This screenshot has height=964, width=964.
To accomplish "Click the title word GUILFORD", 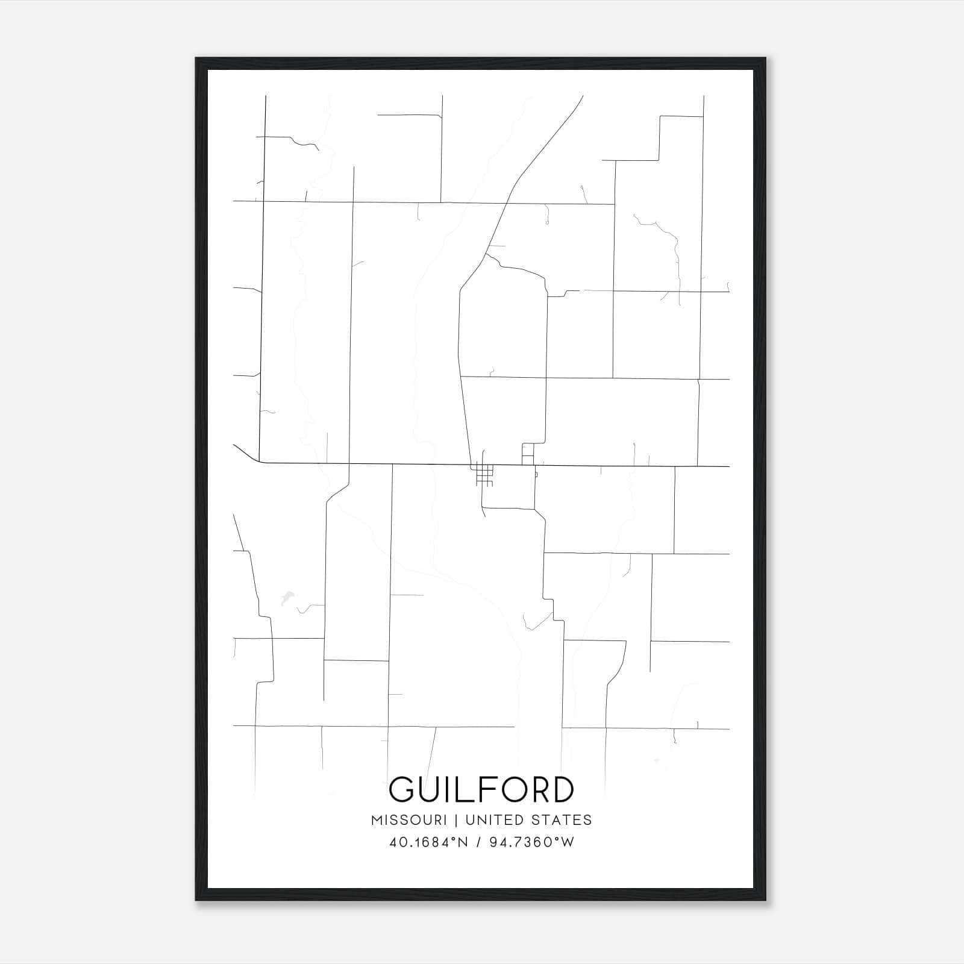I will (x=481, y=789).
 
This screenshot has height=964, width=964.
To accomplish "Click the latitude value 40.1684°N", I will (x=429, y=842).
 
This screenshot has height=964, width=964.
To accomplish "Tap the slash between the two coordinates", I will (x=480, y=842).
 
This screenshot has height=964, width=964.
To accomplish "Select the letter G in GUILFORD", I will (x=402, y=789).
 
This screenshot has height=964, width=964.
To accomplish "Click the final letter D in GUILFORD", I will (x=562, y=789).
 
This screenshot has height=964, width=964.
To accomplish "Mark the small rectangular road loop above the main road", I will (x=528, y=454).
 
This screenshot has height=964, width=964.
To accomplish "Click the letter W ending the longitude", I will (x=568, y=842).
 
